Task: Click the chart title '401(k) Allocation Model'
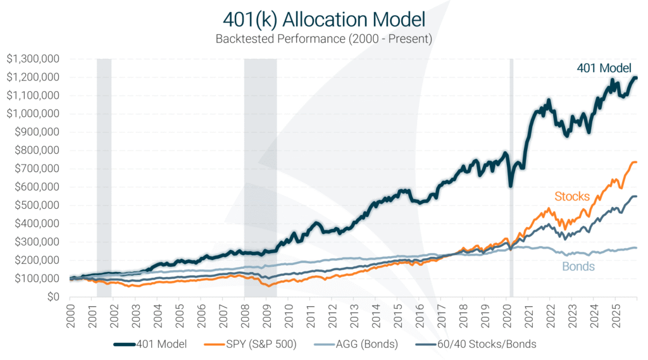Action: click(x=323, y=17)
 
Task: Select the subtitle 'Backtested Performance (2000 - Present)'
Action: click(x=323, y=39)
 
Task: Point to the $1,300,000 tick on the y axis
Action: click(x=33, y=59)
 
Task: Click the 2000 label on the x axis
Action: click(x=72, y=314)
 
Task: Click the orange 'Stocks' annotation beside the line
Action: click(x=572, y=196)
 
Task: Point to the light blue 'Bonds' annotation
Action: click(x=578, y=266)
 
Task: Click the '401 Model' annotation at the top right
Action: click(x=604, y=68)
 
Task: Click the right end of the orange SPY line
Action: click(x=635, y=163)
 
